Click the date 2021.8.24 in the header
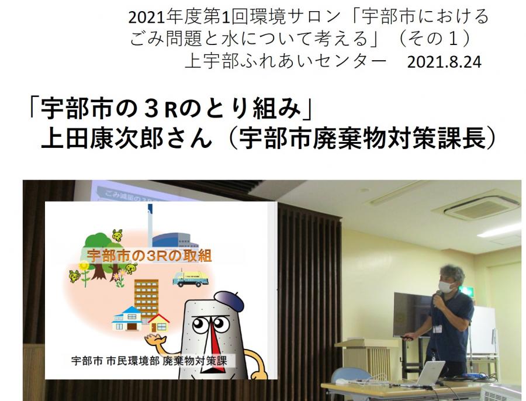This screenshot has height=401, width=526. coord(444,62)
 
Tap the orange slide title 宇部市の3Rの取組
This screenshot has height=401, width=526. coord(149,255)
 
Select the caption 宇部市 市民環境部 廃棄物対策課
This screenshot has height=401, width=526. coord(149,361)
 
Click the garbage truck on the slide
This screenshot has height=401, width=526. coord(190,278)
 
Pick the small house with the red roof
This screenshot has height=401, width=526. coord(158,322)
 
